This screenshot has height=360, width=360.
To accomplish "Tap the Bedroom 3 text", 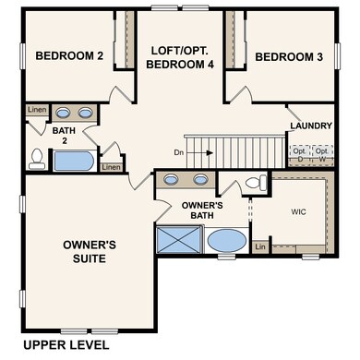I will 288,56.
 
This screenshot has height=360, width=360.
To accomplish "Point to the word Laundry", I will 310,126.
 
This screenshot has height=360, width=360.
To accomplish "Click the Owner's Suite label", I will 88,251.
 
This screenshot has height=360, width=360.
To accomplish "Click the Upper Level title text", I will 66,344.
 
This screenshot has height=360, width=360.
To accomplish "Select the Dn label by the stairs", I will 180,151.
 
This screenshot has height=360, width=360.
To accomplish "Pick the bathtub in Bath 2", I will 73,162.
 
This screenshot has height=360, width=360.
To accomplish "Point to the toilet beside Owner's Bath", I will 258,181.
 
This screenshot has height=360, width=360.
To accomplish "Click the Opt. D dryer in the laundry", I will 299,151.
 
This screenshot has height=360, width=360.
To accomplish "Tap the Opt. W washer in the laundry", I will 322,151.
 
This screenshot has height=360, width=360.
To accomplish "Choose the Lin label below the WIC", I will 260,246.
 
